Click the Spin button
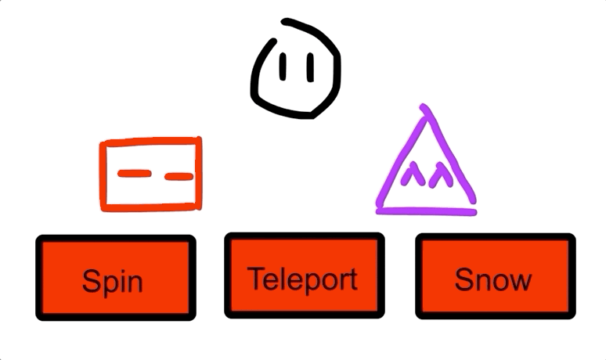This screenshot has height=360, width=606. tap(115, 278)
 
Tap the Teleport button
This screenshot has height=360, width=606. tap(304, 275)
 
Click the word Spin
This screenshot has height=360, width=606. tap(113, 281)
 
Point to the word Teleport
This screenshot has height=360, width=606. tap(302, 279)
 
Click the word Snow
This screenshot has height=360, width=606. tap(493, 279)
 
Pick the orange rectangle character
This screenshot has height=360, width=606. tap(151, 174)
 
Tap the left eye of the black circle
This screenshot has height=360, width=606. tap(282, 68)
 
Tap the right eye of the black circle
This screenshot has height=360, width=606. tap(310, 68)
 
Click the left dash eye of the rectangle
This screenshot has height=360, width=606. tap(132, 173)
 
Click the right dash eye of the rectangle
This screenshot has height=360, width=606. tap(179, 176)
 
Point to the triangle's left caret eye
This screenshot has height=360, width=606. tap(409, 175)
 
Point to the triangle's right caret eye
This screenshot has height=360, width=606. tap(440, 174)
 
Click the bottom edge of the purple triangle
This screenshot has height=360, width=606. tap(427, 210)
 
